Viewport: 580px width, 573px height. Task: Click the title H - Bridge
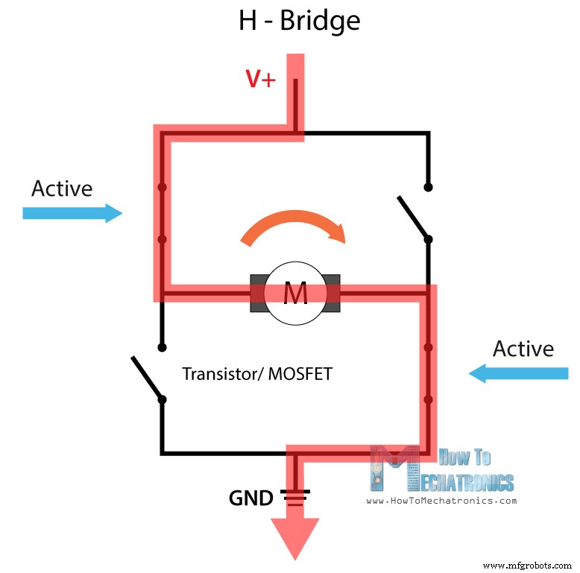[x=299, y=21]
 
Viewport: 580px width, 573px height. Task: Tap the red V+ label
[x=262, y=79]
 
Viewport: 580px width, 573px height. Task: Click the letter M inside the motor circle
[x=295, y=294]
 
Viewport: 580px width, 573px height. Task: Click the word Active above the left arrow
[x=62, y=189]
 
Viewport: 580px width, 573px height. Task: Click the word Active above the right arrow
[x=523, y=348]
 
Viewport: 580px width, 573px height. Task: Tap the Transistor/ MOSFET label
[x=257, y=373]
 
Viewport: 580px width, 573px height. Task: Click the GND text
[x=250, y=497]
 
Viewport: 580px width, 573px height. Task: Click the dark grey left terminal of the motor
[x=257, y=294]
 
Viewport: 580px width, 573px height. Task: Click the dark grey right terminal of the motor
[x=332, y=294]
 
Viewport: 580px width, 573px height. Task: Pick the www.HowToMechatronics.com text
[x=441, y=501]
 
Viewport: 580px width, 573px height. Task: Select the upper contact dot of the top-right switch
[x=428, y=187]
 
